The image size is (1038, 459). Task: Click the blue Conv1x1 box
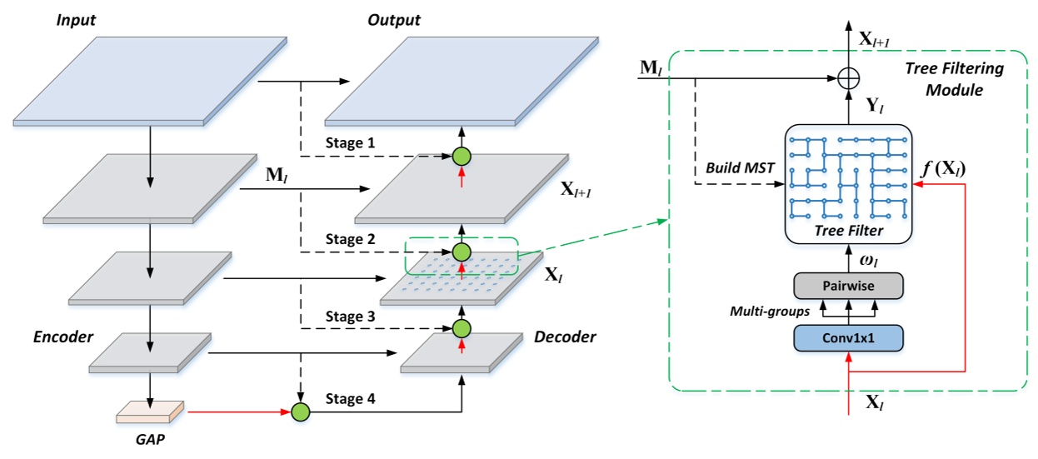(848, 337)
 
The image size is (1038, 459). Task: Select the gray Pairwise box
(848, 286)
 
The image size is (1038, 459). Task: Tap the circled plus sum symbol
(848, 80)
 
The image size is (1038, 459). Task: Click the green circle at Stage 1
(462, 156)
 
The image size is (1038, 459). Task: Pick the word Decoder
(566, 337)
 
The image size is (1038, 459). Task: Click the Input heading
(77, 18)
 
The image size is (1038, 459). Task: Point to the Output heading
(393, 18)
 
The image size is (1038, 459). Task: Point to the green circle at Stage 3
(462, 328)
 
